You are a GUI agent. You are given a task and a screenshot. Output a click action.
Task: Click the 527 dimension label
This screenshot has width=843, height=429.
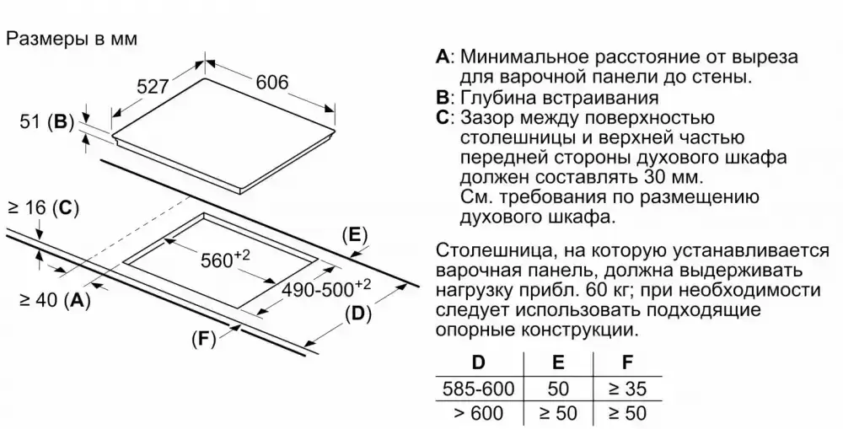click(x=153, y=87)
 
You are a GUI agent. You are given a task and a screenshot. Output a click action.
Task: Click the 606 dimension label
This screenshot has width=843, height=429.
click(x=271, y=82)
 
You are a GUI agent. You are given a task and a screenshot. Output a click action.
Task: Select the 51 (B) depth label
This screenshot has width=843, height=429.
click(x=47, y=121)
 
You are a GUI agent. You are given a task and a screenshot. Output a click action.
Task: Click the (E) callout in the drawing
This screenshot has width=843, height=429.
click(x=354, y=234)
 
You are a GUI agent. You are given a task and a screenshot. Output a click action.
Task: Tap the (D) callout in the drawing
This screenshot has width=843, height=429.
click(x=357, y=314)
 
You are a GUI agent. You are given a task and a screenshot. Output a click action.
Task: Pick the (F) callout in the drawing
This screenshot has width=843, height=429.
click(x=203, y=339)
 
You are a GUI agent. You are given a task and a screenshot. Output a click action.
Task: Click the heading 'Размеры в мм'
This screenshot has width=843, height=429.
click(x=71, y=39)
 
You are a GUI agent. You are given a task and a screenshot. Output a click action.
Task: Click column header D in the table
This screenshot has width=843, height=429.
click(x=478, y=363)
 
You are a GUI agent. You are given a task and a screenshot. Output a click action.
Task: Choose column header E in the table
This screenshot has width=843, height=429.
click(x=558, y=363)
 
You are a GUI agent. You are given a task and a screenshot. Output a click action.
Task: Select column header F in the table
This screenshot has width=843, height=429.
click(x=626, y=363)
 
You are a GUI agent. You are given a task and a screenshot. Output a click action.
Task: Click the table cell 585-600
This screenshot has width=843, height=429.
click(x=478, y=389)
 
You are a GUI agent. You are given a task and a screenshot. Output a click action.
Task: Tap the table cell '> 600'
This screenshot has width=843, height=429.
click(x=478, y=413)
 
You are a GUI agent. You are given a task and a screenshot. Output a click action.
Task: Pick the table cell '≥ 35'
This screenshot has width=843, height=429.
click(x=626, y=389)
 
